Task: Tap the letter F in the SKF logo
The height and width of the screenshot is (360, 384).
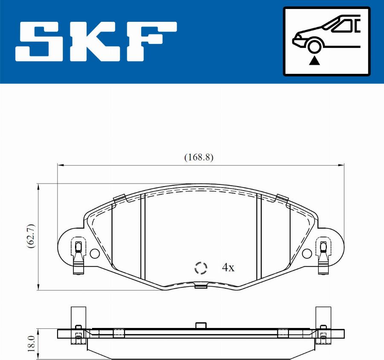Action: click(x=152, y=41)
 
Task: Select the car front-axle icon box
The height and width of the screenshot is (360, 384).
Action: click(x=326, y=41)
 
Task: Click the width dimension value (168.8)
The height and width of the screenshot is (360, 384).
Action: click(x=199, y=157)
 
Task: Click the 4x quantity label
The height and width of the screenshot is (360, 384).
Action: click(x=228, y=268)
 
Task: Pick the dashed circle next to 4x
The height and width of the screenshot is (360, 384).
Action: click(x=201, y=268)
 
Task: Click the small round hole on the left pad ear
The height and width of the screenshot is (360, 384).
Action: click(x=94, y=254)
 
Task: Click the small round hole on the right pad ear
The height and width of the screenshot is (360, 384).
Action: click(x=307, y=254)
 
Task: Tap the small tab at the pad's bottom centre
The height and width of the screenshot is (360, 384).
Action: click(x=201, y=286)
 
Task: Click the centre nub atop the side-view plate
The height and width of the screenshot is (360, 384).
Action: click(x=201, y=325)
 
